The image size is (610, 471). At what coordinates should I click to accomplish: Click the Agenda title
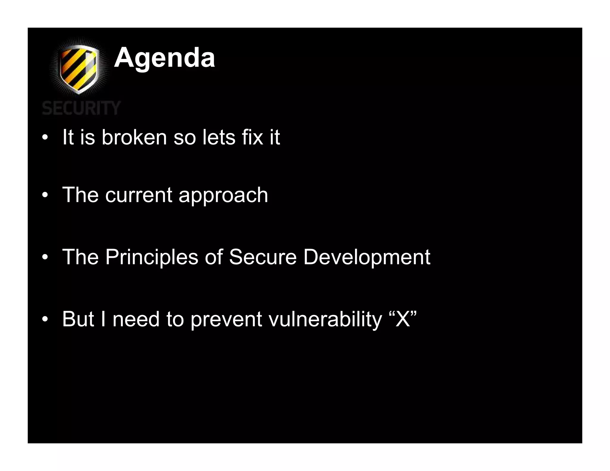pos(164,58)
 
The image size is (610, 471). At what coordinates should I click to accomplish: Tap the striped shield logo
pos(79,69)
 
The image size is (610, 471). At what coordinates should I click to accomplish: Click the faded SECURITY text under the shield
pos(81,108)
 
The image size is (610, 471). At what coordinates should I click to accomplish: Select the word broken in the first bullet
pos(134,137)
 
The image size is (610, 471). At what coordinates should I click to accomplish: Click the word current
pos(139,195)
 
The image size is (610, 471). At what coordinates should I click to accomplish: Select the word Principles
pos(152,257)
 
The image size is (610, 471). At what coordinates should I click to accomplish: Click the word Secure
pos(263,257)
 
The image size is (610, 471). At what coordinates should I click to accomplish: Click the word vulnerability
pos(325,319)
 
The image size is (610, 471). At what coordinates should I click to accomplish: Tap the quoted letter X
pos(403,319)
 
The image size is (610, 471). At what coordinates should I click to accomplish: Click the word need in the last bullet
pos(136,319)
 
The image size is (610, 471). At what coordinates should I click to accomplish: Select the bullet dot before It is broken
pos(45,138)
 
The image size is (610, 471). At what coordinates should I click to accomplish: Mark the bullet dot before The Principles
pos(45,257)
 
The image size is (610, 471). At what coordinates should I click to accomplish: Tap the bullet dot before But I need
pos(45,319)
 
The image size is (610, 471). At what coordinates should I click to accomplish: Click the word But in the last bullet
pos(78,319)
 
